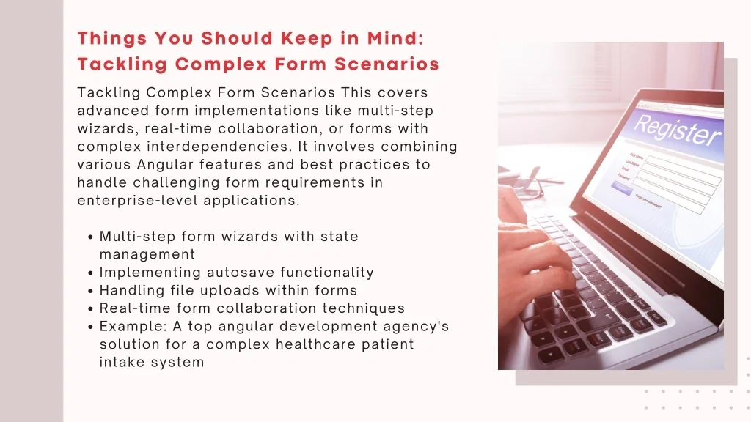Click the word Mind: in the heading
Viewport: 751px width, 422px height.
pyautogui.click(x=395, y=38)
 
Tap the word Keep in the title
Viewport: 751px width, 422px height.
pyautogui.click(x=307, y=39)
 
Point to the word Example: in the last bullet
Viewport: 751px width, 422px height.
pyautogui.click(x=133, y=327)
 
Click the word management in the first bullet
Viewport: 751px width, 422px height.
pyautogui.click(x=147, y=254)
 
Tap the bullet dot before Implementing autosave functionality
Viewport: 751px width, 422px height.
pyautogui.click(x=90, y=273)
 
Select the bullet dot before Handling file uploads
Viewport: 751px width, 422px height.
pyautogui.click(x=90, y=292)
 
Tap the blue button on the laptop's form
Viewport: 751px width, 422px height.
pyautogui.click(x=621, y=188)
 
